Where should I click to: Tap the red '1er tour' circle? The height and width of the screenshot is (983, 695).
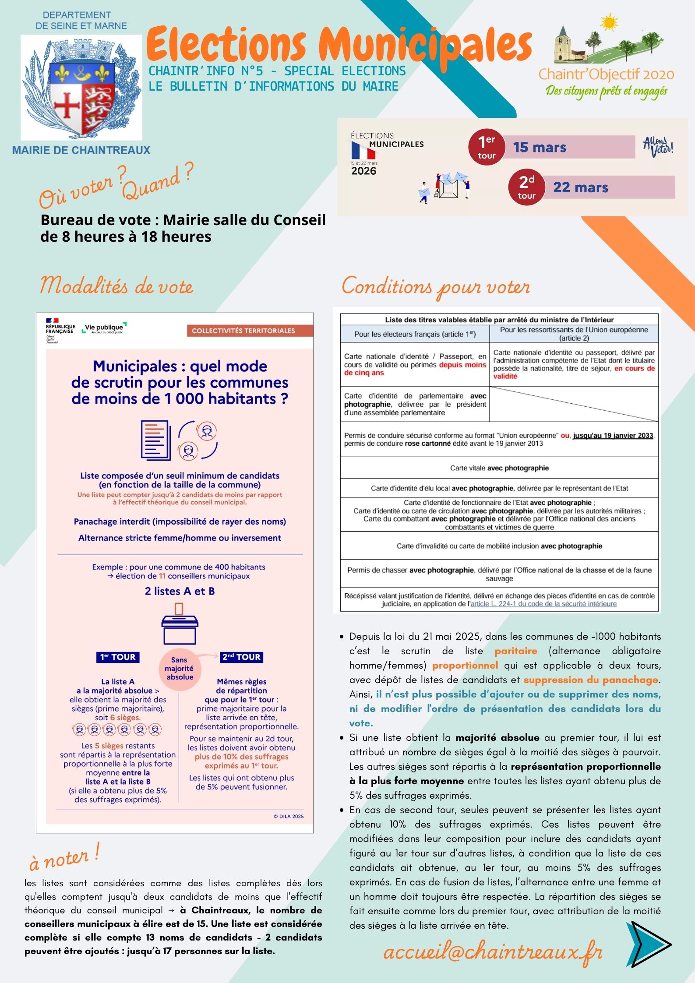tap(486, 147)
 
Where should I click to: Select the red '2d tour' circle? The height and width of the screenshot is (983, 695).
tap(526, 187)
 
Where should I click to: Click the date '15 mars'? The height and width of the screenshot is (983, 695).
tap(540, 148)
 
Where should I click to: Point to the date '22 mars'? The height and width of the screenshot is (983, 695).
tap(580, 187)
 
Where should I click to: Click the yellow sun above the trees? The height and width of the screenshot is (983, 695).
tap(609, 22)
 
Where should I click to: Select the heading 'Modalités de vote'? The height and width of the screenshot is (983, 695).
tap(116, 286)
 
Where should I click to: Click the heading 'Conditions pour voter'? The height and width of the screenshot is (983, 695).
tap(436, 287)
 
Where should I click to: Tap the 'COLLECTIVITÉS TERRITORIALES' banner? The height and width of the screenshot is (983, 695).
tap(243, 331)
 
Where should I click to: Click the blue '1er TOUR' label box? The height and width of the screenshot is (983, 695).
tap(118, 657)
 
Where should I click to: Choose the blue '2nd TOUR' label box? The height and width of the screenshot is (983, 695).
tap(241, 657)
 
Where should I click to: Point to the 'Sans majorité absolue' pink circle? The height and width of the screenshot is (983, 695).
tap(180, 669)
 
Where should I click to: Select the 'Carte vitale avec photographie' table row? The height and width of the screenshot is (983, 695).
tap(499, 468)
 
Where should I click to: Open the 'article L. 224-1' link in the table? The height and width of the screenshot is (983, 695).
tap(543, 604)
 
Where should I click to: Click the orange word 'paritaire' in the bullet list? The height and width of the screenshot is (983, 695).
tap(515, 651)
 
